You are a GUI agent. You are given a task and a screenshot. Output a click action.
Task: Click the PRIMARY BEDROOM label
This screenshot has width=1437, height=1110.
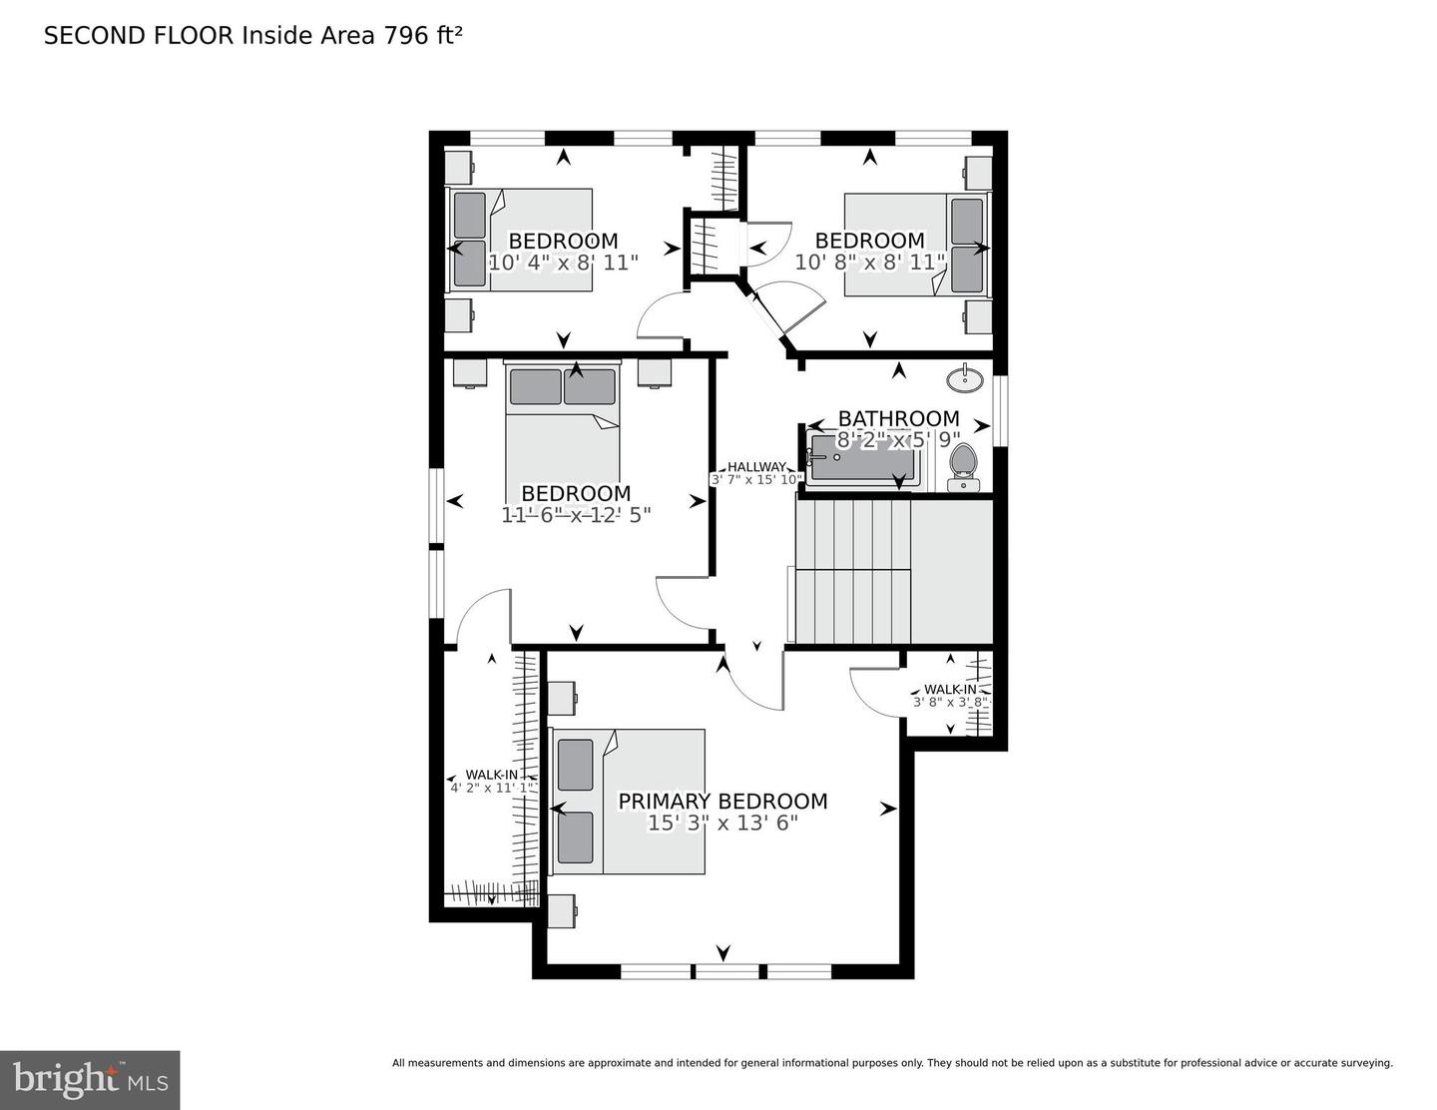coord(722,801)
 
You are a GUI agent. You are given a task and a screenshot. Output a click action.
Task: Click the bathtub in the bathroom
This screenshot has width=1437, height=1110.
coord(863,460)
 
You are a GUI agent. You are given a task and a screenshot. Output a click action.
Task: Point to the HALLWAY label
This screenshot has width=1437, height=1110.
coord(755,466)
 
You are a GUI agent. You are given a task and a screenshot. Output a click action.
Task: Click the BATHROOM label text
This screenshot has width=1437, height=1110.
coord(898,418)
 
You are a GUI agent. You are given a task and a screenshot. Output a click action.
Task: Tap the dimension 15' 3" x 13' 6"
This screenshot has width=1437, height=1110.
coord(722,824)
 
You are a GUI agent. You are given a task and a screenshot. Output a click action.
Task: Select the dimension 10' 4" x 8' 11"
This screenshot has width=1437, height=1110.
coord(563,263)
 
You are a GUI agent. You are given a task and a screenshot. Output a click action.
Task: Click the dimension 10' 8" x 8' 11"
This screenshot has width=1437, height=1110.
coord(869,263)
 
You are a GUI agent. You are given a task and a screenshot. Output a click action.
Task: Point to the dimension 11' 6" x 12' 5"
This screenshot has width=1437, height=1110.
coord(576,515)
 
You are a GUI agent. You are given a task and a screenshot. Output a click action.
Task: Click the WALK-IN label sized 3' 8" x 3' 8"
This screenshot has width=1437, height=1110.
coord(950,689)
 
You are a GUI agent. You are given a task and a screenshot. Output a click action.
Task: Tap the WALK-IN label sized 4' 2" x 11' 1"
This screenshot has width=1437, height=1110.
coord(491,775)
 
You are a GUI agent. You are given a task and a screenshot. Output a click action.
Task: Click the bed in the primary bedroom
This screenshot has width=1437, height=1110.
coord(629,802)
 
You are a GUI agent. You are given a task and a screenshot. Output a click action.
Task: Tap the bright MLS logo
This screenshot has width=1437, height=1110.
coord(90,1080)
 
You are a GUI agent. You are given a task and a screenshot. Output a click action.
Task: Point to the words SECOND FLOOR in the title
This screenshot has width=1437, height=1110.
coord(139,36)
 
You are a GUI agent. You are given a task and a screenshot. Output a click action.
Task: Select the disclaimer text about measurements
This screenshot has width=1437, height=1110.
coord(892,1063)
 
